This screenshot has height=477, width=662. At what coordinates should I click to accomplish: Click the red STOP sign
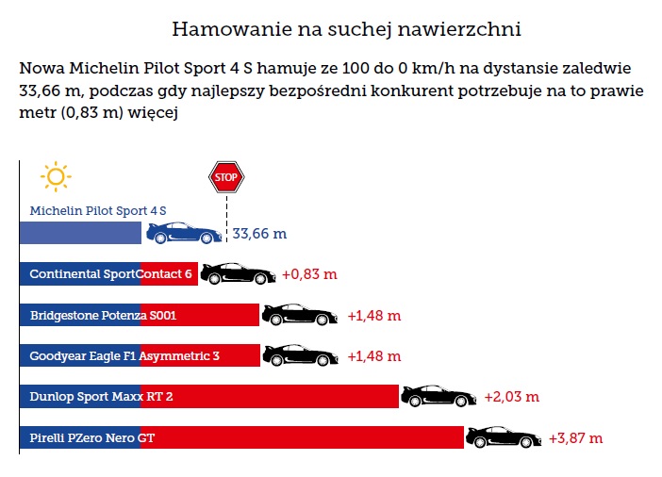point(225,176)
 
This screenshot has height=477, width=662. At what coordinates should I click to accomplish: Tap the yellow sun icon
point(56,176)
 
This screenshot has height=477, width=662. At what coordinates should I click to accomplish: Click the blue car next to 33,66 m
point(184,233)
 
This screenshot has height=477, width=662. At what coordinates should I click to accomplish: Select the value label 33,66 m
point(259,234)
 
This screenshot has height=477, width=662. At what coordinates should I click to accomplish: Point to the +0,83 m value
point(309,274)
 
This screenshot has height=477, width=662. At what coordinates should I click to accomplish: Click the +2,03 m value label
point(511,397)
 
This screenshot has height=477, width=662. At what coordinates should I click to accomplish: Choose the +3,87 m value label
point(575,438)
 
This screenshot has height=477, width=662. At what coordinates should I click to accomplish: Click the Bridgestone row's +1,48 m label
point(374,316)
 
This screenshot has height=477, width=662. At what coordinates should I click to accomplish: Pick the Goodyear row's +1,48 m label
point(374,356)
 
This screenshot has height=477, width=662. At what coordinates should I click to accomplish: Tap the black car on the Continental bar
point(238,273)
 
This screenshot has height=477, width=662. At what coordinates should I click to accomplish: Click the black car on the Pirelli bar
point(504,437)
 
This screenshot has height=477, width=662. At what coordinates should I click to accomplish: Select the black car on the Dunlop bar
point(439,396)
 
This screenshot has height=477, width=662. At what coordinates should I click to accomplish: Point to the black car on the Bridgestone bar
point(299,315)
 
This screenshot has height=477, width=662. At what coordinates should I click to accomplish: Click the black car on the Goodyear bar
point(299,355)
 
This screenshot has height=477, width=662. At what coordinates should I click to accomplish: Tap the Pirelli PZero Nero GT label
point(92,438)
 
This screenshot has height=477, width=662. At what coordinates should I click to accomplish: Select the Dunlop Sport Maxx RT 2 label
point(101,397)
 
